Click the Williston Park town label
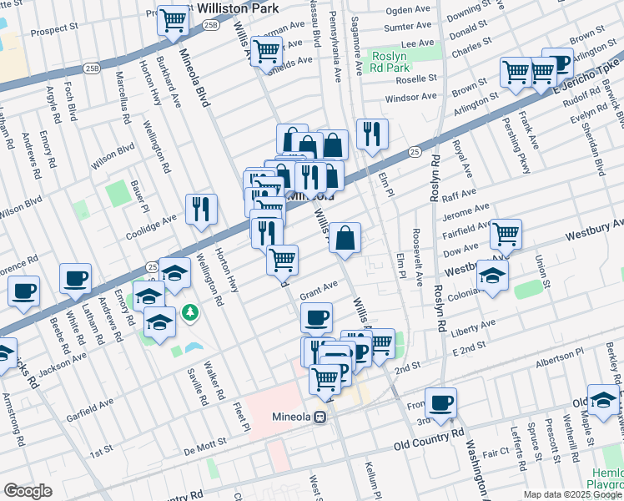pyautogui.click(x=239, y=8)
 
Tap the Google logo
pyautogui.click(x=28, y=491)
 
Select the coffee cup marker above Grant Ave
pyautogui.click(x=316, y=317)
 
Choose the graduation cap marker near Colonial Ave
pyautogui.click(x=493, y=276)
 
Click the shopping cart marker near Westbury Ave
pyautogui.click(x=506, y=235)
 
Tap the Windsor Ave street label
pyautogui.click(x=410, y=97)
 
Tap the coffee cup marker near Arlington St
pyautogui.click(x=556, y=63)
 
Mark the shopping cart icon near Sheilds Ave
pyautogui.click(x=266, y=51)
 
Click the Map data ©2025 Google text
pyautogui.click(x=571, y=494)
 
